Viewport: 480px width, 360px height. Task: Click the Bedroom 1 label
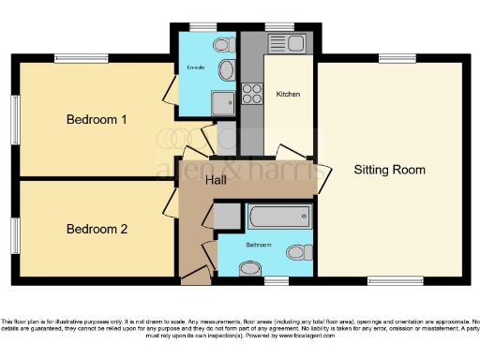(x=97, y=120)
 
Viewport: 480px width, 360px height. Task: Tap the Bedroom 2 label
(x=97, y=229)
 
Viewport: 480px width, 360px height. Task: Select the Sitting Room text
(x=389, y=170)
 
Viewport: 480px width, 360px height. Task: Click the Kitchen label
(x=288, y=95)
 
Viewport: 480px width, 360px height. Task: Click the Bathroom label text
(x=258, y=244)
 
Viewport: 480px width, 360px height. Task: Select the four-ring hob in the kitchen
(x=252, y=94)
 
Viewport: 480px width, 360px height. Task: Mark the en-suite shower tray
(x=222, y=102)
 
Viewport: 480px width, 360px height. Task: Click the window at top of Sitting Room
(x=391, y=59)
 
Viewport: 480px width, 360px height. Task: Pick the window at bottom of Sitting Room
(x=393, y=280)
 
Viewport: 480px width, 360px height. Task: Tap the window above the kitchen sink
(x=277, y=25)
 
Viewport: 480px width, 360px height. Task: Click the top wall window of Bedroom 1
(x=67, y=59)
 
